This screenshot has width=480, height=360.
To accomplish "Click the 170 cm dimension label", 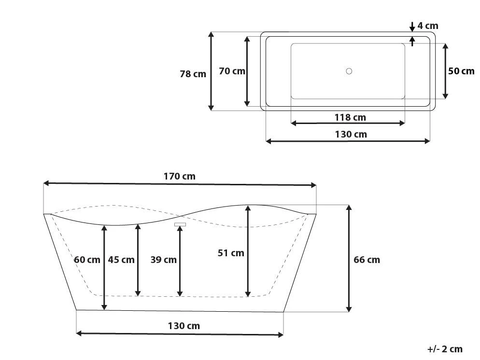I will click(x=179, y=176).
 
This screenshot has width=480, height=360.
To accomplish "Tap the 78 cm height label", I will click(x=193, y=74).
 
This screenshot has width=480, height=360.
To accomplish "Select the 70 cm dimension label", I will click(x=232, y=71).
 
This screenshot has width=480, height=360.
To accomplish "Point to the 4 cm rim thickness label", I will click(x=428, y=26).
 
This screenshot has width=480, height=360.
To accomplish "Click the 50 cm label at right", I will click(x=461, y=71).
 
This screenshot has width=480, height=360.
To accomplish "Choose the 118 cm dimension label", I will click(x=350, y=117).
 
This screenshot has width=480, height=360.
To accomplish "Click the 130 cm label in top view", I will click(x=351, y=134).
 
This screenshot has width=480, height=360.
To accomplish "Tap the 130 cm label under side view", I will click(x=184, y=326).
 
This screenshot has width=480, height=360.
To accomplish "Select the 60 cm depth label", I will click(x=87, y=260).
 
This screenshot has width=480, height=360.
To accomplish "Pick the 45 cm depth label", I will click(x=121, y=260).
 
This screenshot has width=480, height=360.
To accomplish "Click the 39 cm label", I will click(x=163, y=260).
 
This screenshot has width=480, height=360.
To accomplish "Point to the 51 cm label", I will click(x=231, y=253).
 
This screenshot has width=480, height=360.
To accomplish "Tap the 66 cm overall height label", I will click(x=367, y=260).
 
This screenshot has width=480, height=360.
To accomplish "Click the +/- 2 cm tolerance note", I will click(x=445, y=349).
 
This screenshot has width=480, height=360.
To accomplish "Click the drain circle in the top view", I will click(x=349, y=71).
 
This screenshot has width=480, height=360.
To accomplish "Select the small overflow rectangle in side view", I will click(x=180, y=224).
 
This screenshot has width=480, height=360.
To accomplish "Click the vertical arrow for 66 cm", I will click(x=349, y=258).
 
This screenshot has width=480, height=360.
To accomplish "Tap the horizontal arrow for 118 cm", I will click(x=348, y=124).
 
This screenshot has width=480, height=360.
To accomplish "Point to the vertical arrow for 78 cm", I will click(x=211, y=71).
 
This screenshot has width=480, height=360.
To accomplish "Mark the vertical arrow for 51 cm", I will click(x=248, y=251).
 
